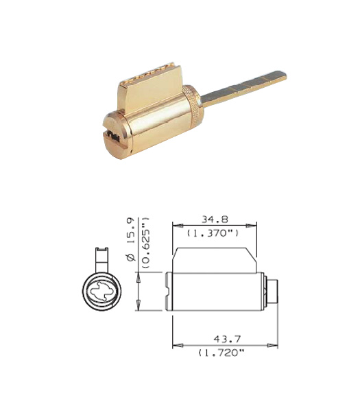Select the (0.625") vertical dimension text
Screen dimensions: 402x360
point(145,243)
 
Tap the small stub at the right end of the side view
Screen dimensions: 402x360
point(273,291)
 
